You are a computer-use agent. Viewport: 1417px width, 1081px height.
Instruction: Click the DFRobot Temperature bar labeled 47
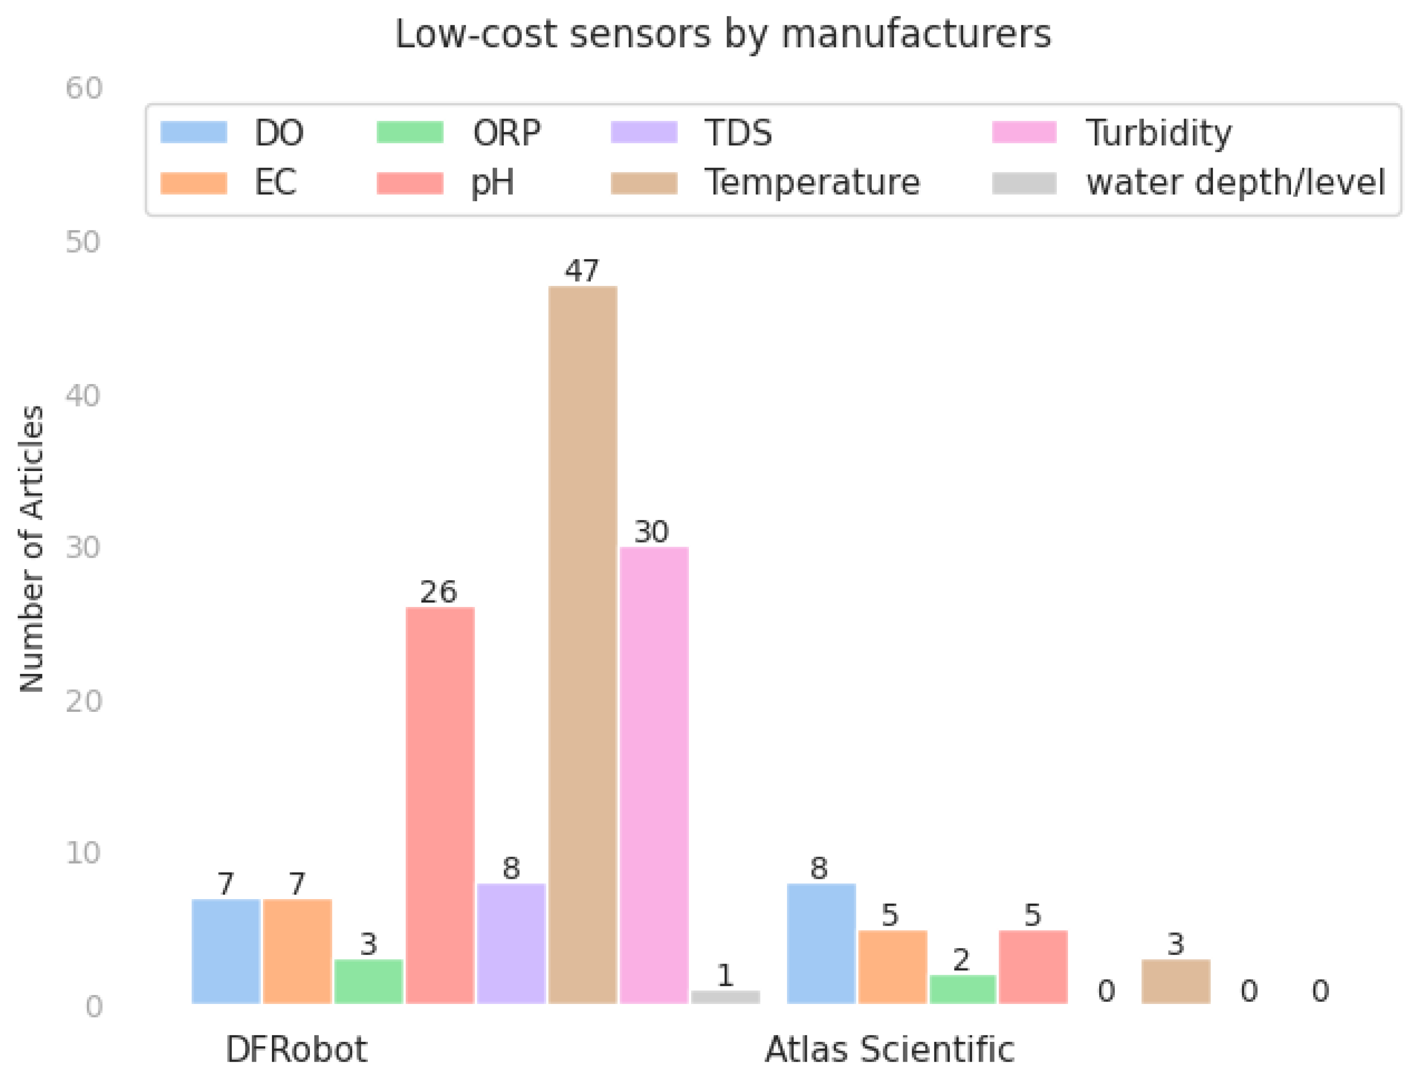(x=582, y=643)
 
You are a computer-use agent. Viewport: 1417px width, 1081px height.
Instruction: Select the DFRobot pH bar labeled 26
(x=439, y=804)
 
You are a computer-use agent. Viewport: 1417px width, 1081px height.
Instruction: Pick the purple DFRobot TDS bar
(x=511, y=943)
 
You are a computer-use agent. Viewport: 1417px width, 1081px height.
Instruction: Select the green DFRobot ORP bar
(x=368, y=981)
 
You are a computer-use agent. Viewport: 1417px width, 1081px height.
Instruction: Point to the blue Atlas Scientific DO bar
(x=821, y=943)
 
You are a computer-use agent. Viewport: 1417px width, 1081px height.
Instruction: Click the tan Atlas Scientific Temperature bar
(x=1176, y=981)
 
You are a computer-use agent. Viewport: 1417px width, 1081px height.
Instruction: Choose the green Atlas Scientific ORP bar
(x=963, y=989)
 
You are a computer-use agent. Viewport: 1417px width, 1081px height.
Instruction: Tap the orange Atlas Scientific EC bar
(x=892, y=967)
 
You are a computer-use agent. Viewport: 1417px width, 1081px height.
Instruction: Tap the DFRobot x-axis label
(x=296, y=1049)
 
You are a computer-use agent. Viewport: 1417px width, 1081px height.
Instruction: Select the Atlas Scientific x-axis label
(x=889, y=1049)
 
